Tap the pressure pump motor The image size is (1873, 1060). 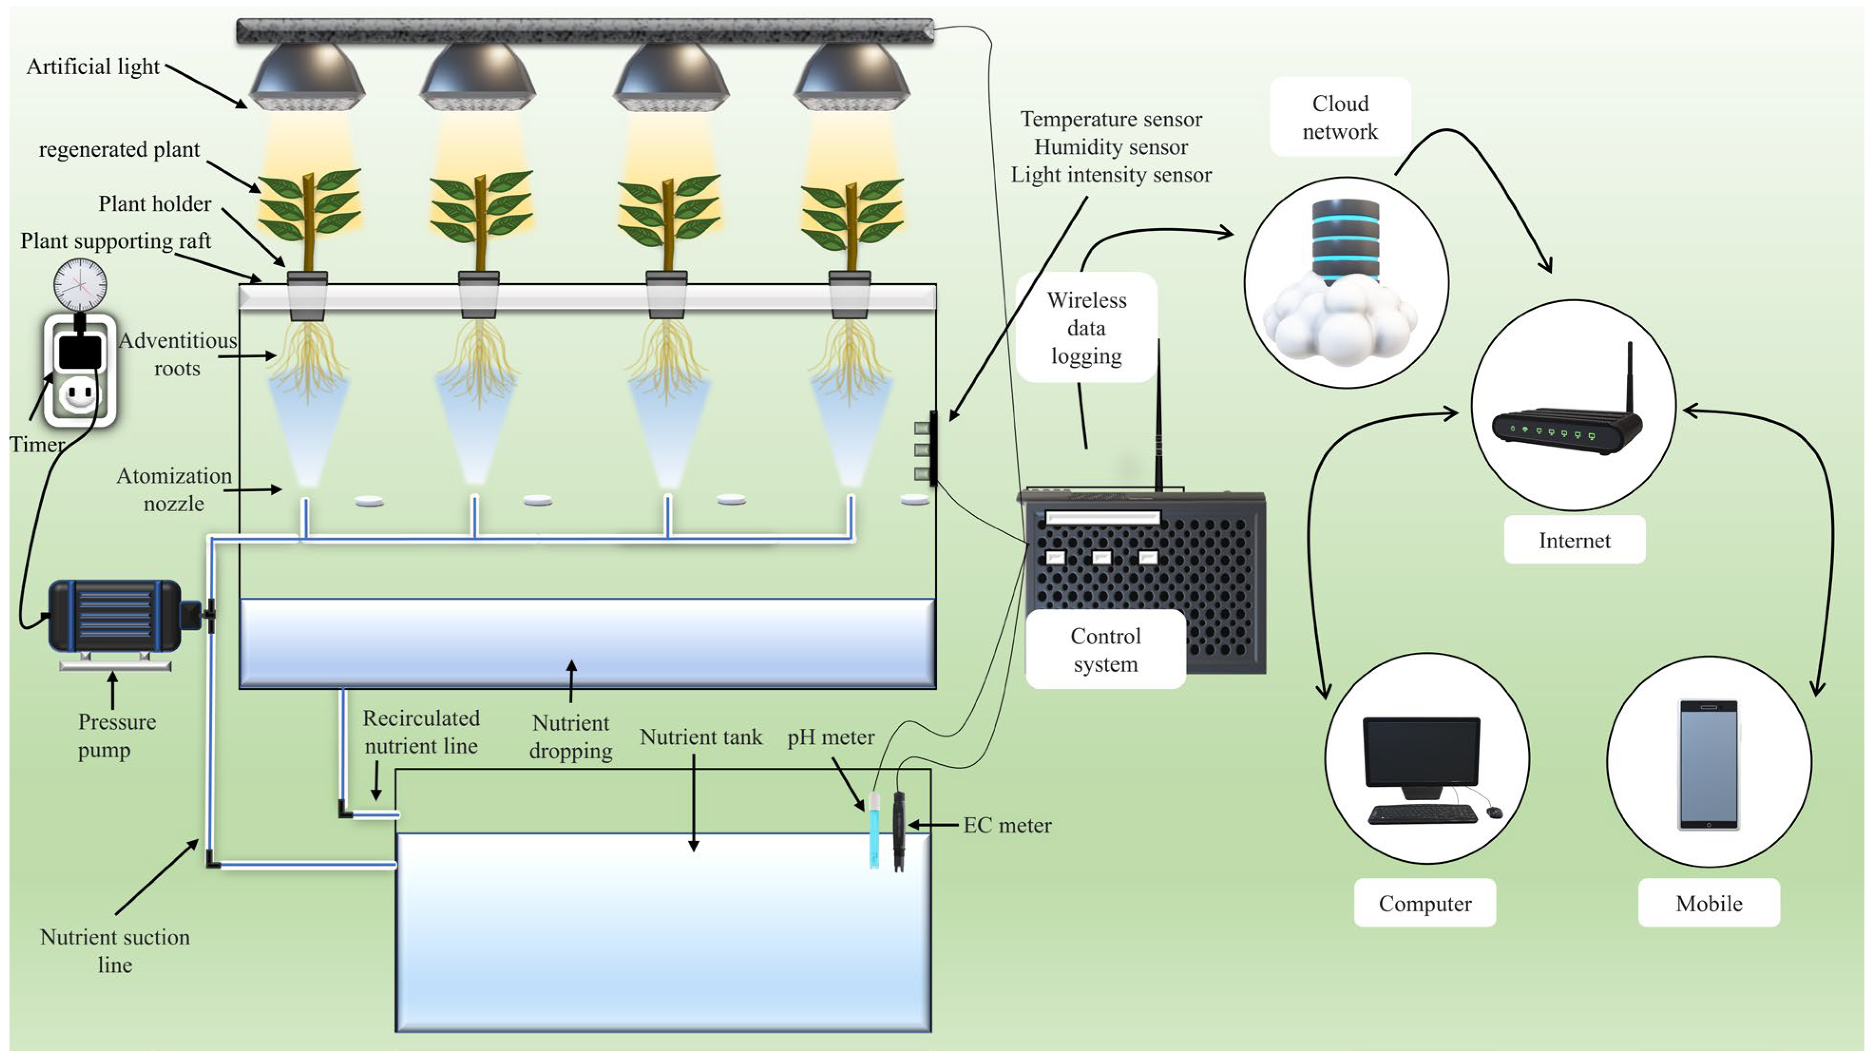coord(114,615)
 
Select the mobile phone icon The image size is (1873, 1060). coord(1709,764)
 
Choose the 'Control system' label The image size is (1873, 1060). coord(1105,649)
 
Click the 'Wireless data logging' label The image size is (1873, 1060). coord(1086,328)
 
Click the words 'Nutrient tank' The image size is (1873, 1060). coord(700,737)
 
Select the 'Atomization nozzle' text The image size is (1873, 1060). coord(174,489)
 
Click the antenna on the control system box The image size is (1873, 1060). coord(1159,415)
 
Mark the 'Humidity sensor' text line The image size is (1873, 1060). coord(1111,147)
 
